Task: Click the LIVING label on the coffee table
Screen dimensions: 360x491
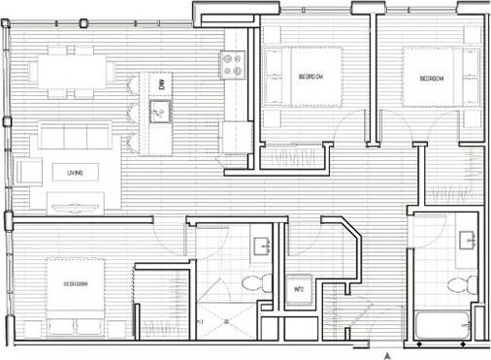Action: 75,173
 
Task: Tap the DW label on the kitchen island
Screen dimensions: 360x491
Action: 161,85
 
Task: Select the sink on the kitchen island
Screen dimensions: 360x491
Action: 160,110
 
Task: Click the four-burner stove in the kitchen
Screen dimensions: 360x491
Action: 234,65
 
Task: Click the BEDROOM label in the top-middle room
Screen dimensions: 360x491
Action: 311,77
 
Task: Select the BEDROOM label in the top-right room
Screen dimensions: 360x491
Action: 432,79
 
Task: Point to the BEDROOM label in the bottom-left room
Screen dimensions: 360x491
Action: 76,284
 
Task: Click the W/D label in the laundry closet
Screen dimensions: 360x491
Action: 300,289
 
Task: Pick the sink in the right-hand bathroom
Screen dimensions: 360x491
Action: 464,241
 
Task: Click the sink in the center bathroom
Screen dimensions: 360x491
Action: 260,245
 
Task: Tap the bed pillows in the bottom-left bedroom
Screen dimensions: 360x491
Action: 28,285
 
